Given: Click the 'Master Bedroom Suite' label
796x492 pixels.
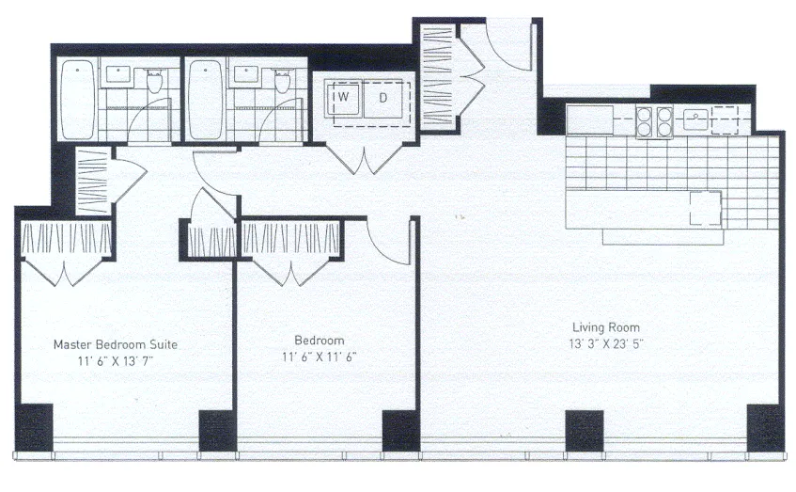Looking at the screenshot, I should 115,344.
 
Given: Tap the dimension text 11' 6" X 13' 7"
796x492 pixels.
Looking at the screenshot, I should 115,360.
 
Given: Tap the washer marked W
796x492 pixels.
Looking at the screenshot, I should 344,97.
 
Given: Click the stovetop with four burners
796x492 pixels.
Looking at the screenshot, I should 655,120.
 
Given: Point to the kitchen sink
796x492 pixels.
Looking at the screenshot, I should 695,119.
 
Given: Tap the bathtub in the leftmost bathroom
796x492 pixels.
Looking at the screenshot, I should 76,100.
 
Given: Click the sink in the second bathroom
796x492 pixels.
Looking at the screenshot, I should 246,73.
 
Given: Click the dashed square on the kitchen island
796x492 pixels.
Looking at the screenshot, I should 706,208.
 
